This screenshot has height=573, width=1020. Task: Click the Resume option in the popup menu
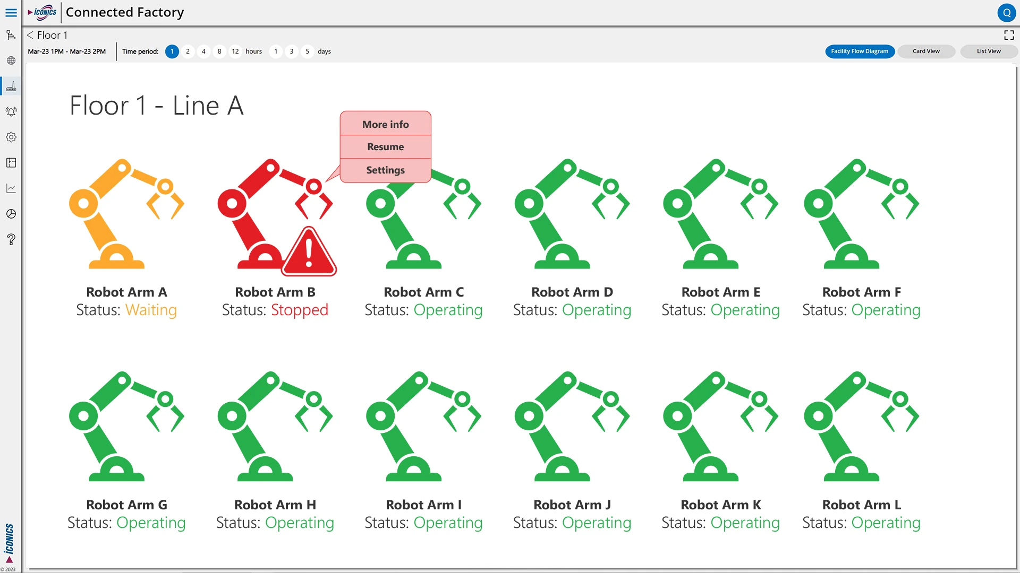click(385, 147)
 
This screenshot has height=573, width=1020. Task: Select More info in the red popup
click(385, 124)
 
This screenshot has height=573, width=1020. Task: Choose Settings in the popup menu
click(385, 170)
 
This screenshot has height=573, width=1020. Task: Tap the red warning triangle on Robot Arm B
click(309, 252)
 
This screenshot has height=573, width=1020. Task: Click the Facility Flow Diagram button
click(860, 51)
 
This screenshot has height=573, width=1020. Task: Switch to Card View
click(926, 51)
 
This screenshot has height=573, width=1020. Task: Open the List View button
click(989, 51)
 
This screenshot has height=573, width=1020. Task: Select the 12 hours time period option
click(235, 51)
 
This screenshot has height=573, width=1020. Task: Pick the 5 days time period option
click(307, 51)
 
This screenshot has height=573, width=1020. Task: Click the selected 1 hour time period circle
click(172, 51)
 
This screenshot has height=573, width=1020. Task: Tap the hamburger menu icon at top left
click(11, 12)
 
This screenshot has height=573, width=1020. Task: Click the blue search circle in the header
click(1007, 13)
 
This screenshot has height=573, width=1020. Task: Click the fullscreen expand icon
click(1009, 35)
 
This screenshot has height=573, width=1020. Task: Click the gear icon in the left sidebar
click(11, 137)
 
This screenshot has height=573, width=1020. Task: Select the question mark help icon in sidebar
click(11, 239)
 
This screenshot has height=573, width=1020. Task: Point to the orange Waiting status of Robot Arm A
click(151, 310)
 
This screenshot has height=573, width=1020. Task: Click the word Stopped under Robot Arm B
click(300, 310)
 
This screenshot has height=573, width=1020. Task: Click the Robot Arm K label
click(721, 505)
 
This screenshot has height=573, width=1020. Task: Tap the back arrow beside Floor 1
click(30, 35)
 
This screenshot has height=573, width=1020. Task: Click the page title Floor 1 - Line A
click(157, 106)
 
